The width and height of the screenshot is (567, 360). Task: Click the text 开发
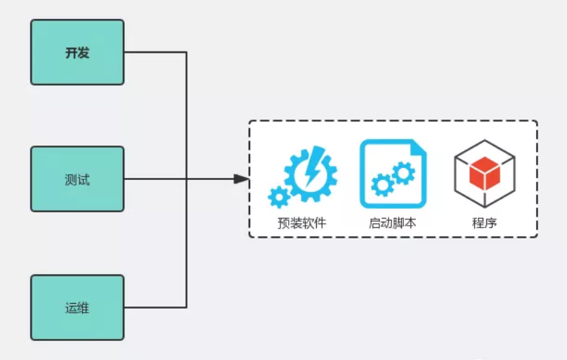pos(77,53)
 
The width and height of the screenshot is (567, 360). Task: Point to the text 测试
pos(77,179)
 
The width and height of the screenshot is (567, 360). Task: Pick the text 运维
pos(77,308)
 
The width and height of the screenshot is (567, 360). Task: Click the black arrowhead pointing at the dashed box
pos(241,179)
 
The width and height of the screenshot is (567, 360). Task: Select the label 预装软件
pos(302,224)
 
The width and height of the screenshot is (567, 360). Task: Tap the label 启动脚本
pos(393,224)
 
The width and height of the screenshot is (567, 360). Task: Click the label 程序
pos(484,224)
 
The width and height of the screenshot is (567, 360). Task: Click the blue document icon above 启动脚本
pos(393,174)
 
